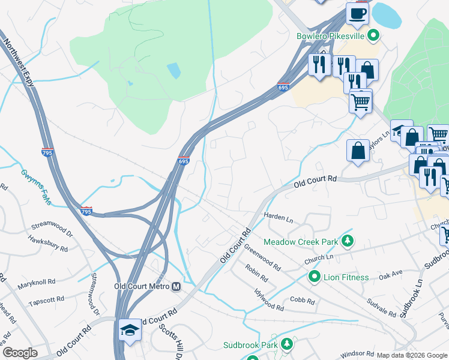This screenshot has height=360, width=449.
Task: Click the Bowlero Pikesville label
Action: click(x=331, y=35)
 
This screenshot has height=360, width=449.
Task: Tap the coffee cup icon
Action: click(x=358, y=13)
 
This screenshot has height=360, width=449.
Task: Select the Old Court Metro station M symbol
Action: click(x=176, y=287)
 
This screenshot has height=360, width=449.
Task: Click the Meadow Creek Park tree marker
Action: click(x=346, y=241)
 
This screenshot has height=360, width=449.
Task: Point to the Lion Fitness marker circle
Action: click(x=313, y=277)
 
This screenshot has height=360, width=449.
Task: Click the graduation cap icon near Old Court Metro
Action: click(x=130, y=331)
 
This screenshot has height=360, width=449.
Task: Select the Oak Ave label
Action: click(x=390, y=277)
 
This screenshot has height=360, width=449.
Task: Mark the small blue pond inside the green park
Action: click(x=173, y=71)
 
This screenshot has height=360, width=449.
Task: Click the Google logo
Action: click(x=20, y=353)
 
